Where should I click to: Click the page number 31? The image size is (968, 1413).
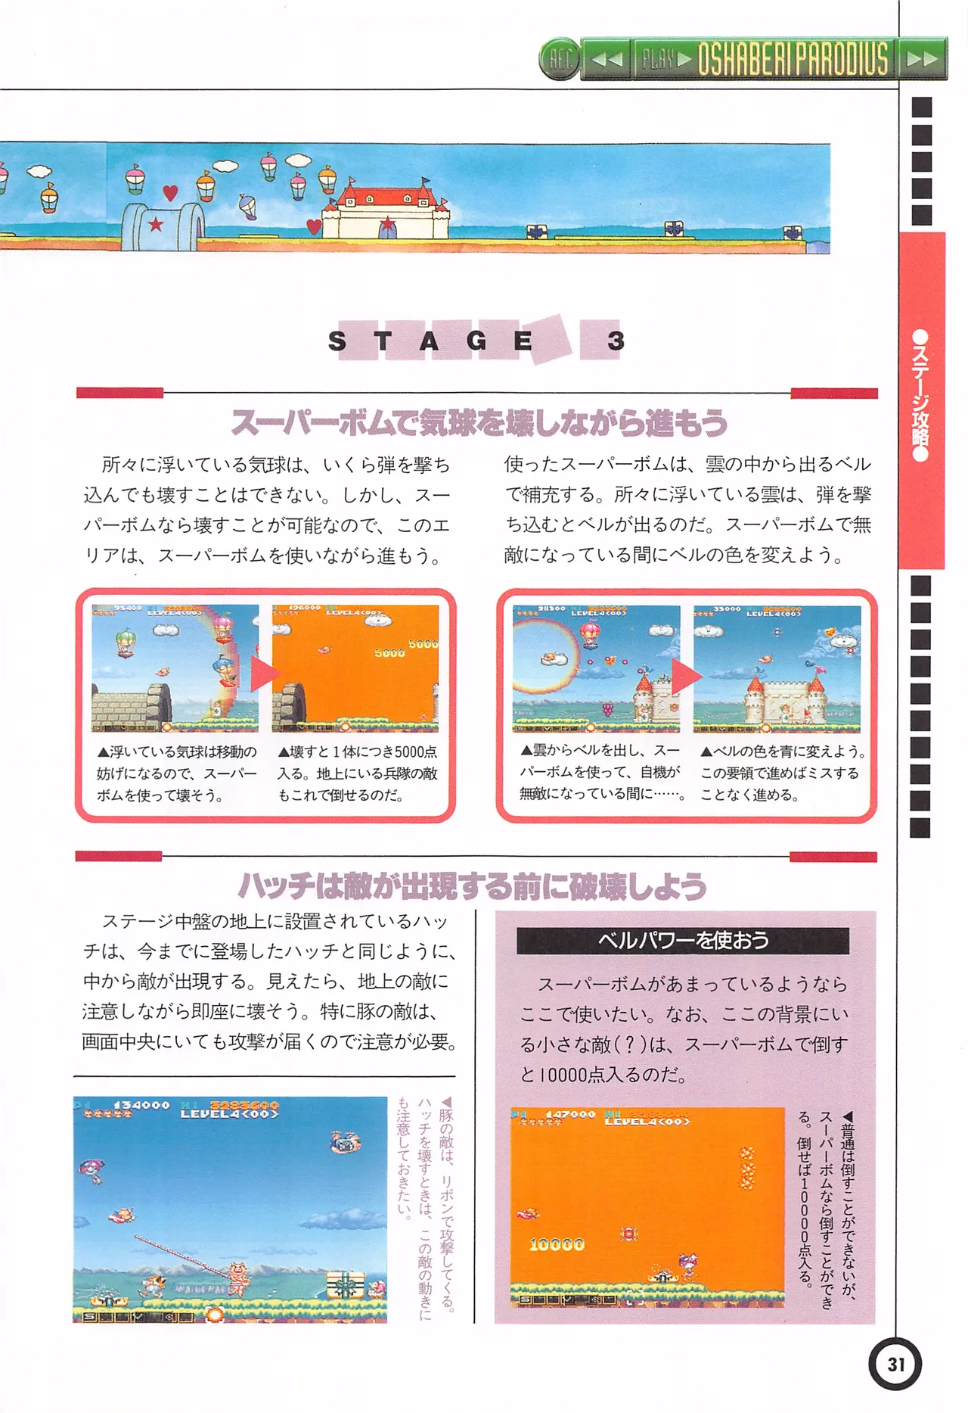pos(895,1364)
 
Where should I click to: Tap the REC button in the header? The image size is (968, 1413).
pos(560,59)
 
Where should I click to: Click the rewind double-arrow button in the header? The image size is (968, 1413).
pos(607,59)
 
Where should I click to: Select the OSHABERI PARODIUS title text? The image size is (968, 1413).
pos(793,59)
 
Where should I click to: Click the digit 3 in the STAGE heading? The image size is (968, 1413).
pos(616,341)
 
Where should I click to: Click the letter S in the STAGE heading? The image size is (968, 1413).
pos(337,341)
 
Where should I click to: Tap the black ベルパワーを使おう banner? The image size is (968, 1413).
pos(682,940)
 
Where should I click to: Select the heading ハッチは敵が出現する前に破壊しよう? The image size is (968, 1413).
pos(473,885)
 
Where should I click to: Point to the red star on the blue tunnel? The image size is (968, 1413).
pos(156,224)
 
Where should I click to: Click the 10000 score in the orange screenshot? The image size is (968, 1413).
pos(557,1244)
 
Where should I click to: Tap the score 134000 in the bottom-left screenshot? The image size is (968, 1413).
pos(141,1105)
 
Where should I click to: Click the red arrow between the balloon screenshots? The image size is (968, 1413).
pos(264,672)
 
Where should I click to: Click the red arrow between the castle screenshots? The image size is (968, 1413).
pos(685,675)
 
